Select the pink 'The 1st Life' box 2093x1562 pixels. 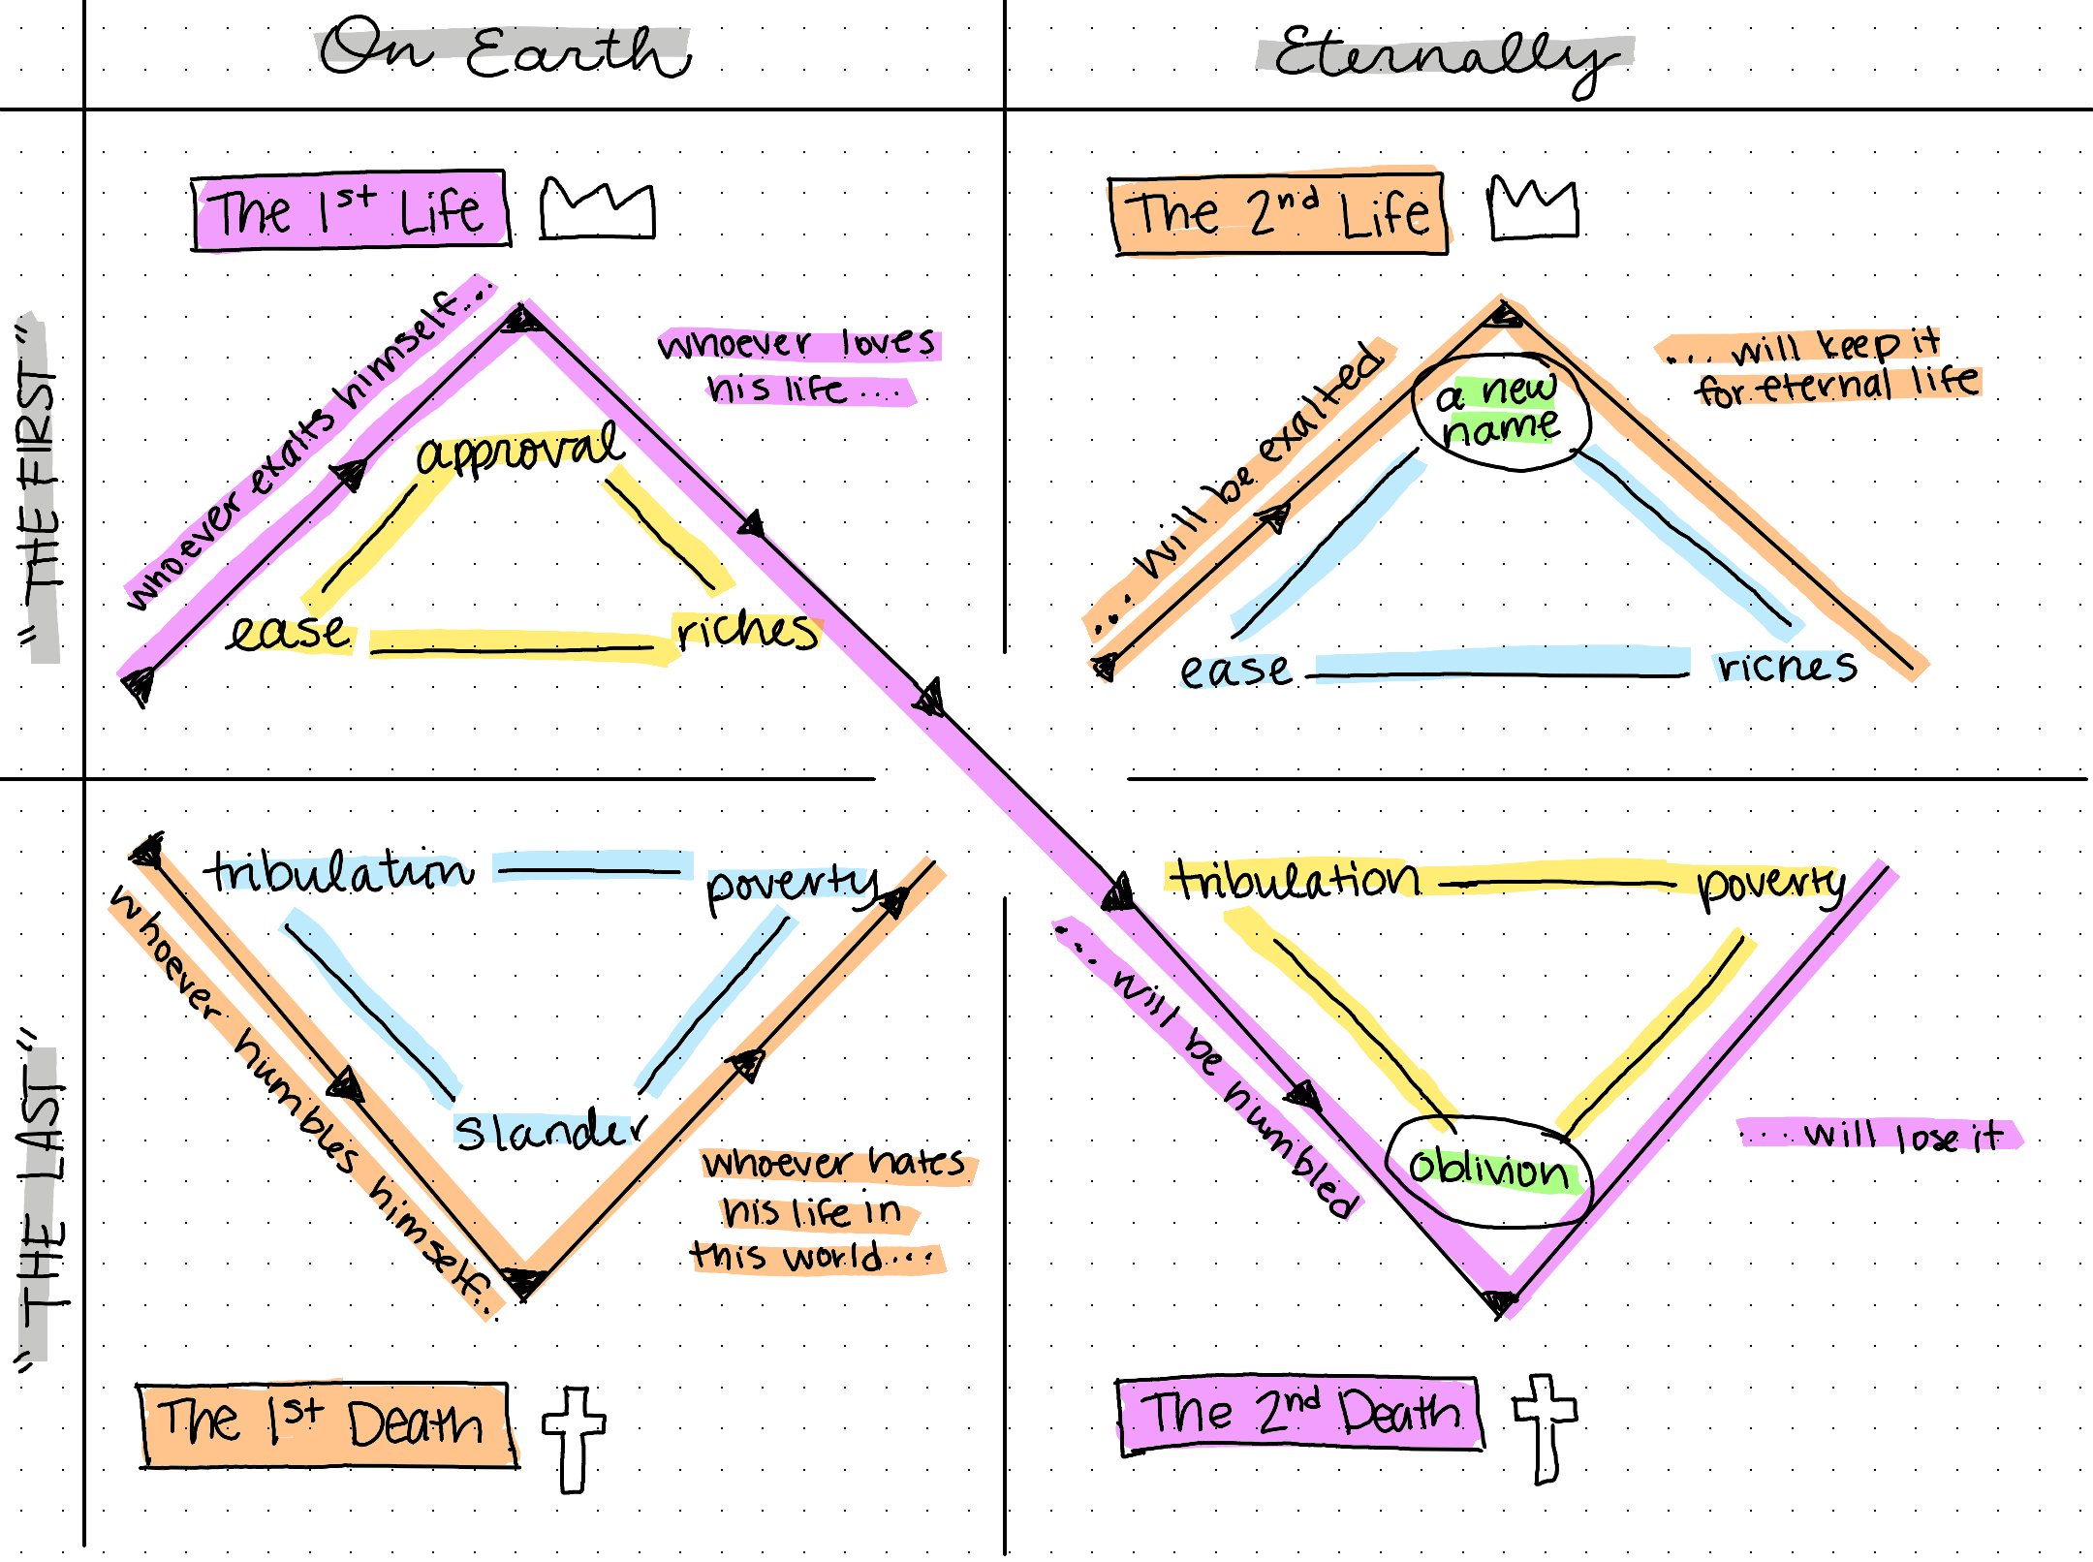pyautogui.click(x=350, y=211)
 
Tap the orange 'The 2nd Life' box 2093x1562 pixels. pyautogui.click(x=1279, y=214)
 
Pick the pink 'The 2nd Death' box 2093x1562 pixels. pyautogui.click(x=1299, y=1413)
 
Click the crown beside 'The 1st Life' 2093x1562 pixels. pyautogui.click(x=597, y=207)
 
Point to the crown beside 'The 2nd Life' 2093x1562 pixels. pyautogui.click(x=1533, y=207)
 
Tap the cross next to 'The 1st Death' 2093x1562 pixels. pyautogui.click(x=574, y=1438)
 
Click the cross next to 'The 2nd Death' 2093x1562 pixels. pyautogui.click(x=1546, y=1426)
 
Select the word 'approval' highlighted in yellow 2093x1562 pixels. pyautogui.click(x=519, y=450)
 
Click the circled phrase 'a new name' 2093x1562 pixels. pyautogui.click(x=1499, y=411)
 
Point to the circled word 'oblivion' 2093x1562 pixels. pyautogui.click(x=1489, y=1170)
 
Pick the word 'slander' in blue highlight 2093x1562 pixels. pyautogui.click(x=549, y=1130)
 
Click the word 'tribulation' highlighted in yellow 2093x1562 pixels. pyautogui.click(x=1296, y=880)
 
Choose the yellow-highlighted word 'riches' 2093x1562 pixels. pyautogui.click(x=746, y=632)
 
